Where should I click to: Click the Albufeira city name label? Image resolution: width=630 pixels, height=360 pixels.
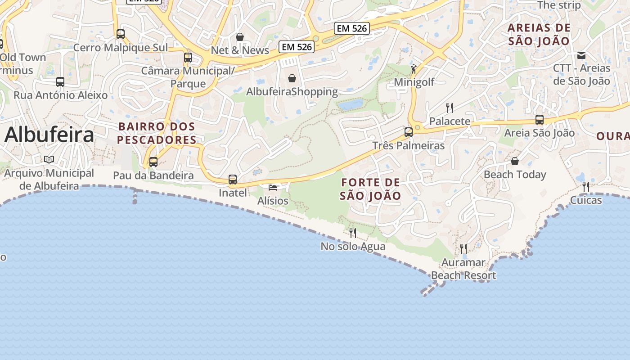pyautogui.click(x=49, y=135)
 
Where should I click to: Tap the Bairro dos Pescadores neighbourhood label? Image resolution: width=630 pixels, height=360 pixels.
pyautogui.click(x=157, y=133)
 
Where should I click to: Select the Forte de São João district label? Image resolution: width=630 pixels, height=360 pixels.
pyautogui.click(x=370, y=189)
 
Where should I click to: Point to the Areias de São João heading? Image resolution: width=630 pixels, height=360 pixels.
pyautogui.click(x=539, y=34)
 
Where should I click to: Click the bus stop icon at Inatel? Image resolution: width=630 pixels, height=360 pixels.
pyautogui.click(x=233, y=180)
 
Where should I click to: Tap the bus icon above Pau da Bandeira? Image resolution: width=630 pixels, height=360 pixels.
pyautogui.click(x=153, y=162)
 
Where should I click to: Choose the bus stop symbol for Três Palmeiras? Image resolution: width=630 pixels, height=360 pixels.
pyautogui.click(x=409, y=132)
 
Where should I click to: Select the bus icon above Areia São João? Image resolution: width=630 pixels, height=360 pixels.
pyautogui.click(x=539, y=120)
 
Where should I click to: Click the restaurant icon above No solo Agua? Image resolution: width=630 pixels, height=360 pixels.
pyautogui.click(x=353, y=233)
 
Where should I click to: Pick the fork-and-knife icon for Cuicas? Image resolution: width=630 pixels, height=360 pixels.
pyautogui.click(x=586, y=186)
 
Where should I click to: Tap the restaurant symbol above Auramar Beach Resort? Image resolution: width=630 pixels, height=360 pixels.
pyautogui.click(x=463, y=248)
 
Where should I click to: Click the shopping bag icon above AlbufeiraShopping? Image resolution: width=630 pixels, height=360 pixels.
pyautogui.click(x=292, y=78)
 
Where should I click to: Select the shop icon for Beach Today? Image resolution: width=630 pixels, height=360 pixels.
pyautogui.click(x=515, y=161)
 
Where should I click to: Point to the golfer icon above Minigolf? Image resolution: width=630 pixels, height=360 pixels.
pyautogui.click(x=414, y=69)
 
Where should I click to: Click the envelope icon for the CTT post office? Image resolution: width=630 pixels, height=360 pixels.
pyautogui.click(x=581, y=55)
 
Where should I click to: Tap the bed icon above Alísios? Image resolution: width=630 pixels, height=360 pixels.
pyautogui.click(x=273, y=187)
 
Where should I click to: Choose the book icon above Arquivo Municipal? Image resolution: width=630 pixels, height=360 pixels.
pyautogui.click(x=49, y=159)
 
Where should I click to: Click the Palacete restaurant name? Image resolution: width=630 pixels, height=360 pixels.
pyautogui.click(x=450, y=121)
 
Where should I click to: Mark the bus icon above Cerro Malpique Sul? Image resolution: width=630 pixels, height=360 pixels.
pyautogui.click(x=121, y=34)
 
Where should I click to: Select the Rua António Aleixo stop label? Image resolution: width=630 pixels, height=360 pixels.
pyautogui.click(x=61, y=95)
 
